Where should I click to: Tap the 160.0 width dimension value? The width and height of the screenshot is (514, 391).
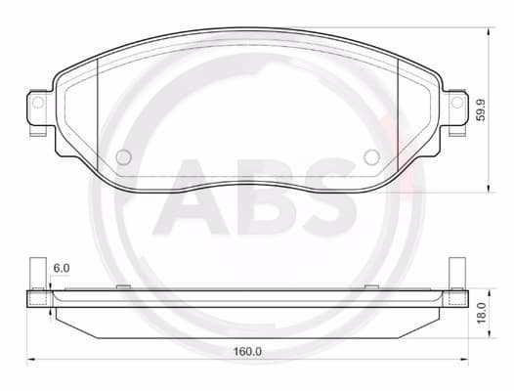[x=247, y=350]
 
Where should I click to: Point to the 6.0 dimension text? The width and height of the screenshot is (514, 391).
[x=62, y=267]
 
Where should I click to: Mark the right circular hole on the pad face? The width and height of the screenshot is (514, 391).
[x=370, y=157]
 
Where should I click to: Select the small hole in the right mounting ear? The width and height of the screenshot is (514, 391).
[x=455, y=102]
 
